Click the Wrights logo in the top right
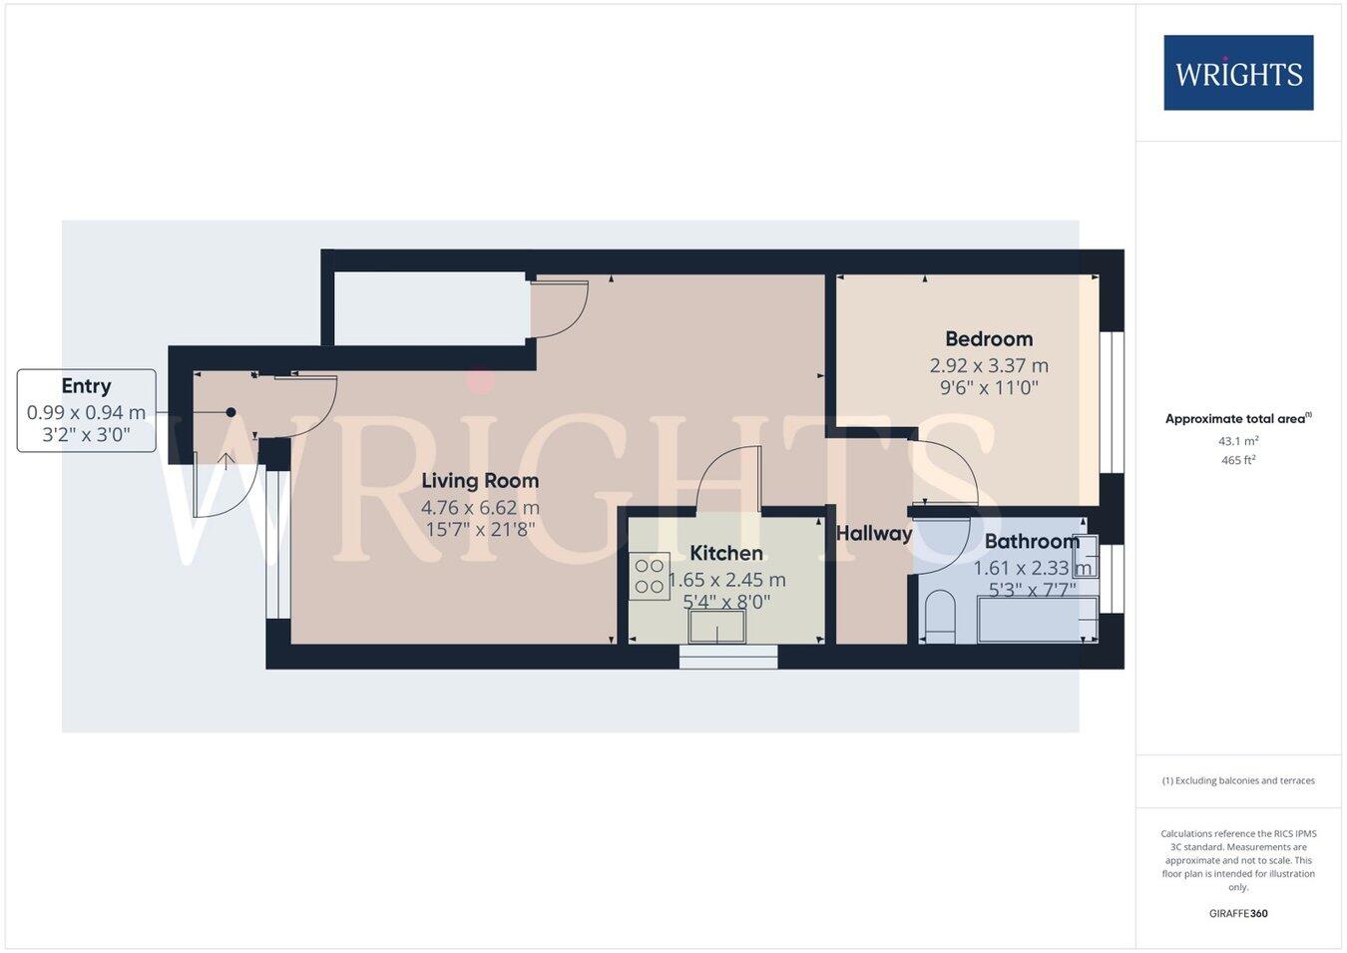[x=1238, y=73]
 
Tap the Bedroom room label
[x=989, y=339]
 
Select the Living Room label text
[x=480, y=481]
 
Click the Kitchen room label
[x=726, y=553]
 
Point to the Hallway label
[x=874, y=534]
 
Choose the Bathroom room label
[x=1032, y=542]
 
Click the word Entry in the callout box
[x=86, y=386]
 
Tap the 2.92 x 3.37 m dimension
[x=989, y=366]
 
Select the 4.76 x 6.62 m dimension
[x=480, y=508]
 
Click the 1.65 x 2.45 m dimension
[x=727, y=580]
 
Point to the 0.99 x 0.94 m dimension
[x=86, y=412]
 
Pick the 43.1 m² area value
[x=1238, y=441]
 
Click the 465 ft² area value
[x=1238, y=460]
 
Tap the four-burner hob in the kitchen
[x=650, y=576]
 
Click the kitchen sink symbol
[x=716, y=627]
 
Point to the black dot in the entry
[x=230, y=412]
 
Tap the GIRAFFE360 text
[x=1238, y=913]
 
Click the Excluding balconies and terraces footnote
[x=1238, y=780]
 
